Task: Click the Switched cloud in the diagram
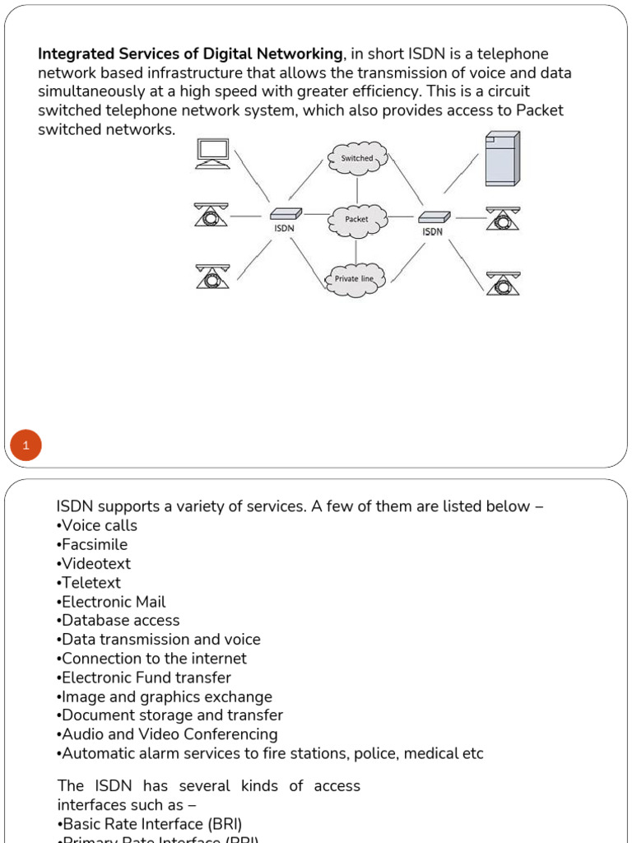pos(356,158)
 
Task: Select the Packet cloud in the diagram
pos(356,219)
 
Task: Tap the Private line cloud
pos(355,279)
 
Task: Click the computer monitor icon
pos(213,153)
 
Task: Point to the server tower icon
pos(502,159)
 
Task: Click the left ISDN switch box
pos(285,214)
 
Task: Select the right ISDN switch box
pos(433,217)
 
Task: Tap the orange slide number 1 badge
pos(26,446)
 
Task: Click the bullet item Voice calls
pos(98,525)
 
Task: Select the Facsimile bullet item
pos(93,544)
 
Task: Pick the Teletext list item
pos(90,583)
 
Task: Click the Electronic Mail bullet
pos(112,602)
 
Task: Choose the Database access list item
pos(118,621)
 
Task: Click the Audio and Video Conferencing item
pos(168,734)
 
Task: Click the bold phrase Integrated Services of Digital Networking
pos(190,54)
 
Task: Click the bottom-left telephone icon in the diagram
pos(213,276)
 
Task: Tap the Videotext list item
pos(95,564)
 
